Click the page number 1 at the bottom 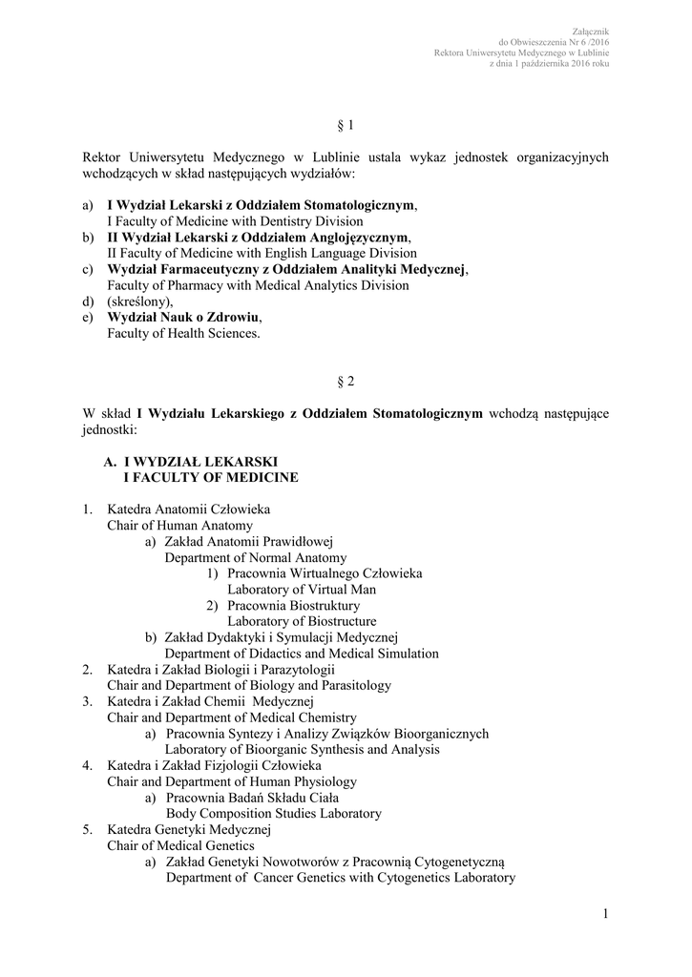pos(605,916)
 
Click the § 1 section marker pos(346,126)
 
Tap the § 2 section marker pos(346,382)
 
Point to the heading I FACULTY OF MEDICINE pos(212,477)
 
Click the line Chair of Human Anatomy pos(179,526)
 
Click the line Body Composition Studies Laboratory pos(274,814)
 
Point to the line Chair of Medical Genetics pos(180,845)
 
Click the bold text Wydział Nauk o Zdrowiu pos(182,317)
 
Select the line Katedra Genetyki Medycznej pos(190,830)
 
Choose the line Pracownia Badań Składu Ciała pos(252,798)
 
